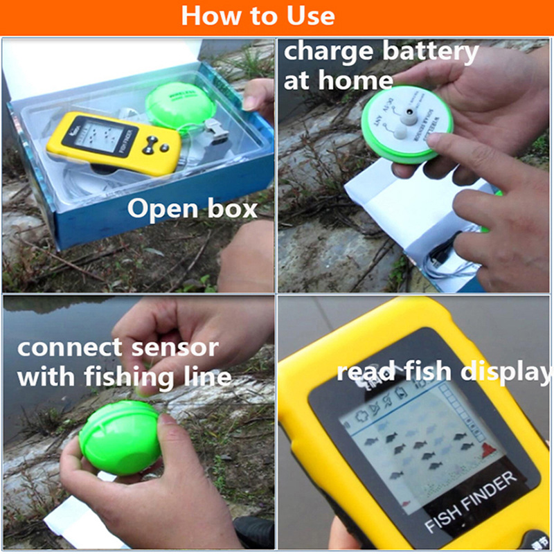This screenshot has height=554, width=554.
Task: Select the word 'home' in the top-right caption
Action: coord(355,80)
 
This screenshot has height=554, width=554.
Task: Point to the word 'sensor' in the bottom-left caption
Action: coord(177,347)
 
